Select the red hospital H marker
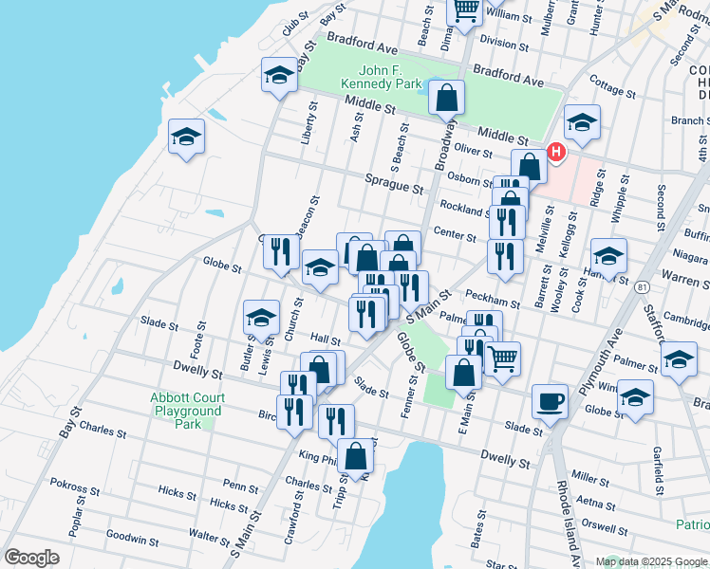point(555,151)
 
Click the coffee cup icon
point(550,400)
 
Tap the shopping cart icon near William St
point(465,10)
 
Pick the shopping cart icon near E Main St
point(502,358)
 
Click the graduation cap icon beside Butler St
point(261,318)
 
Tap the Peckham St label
point(499,301)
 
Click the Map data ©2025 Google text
point(650,560)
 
